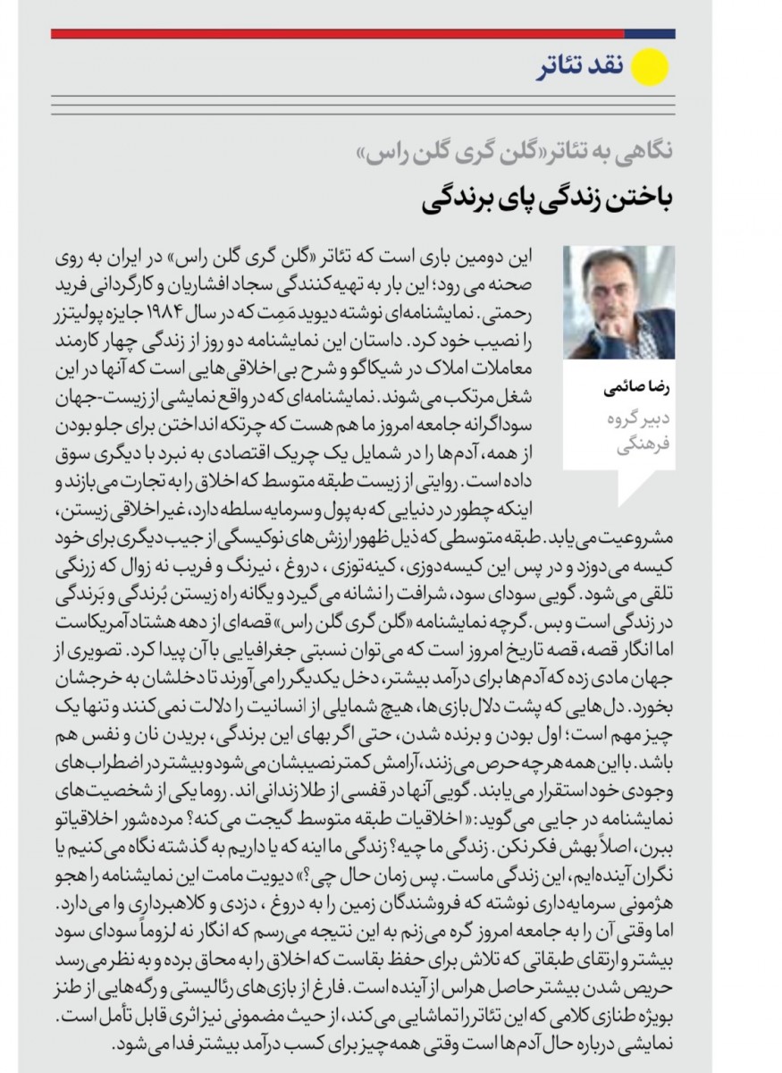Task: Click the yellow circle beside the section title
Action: tap(652, 68)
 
